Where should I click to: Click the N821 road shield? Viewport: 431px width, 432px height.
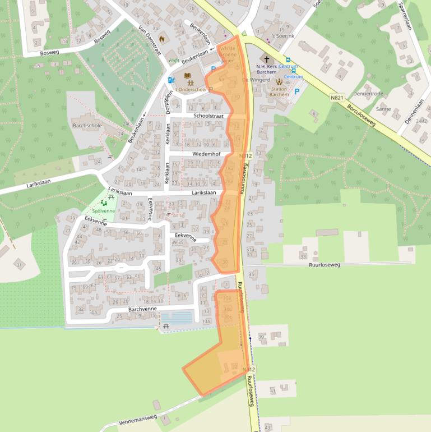pos(337,98)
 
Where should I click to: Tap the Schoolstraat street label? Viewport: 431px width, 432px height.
pos(208,116)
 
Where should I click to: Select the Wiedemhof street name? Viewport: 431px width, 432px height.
pos(206,153)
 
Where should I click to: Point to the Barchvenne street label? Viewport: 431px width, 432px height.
pos(142,309)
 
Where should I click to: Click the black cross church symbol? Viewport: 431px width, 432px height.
pos(267,59)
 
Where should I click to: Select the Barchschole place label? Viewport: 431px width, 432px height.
pos(87,125)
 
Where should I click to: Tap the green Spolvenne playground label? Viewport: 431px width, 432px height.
pos(104,210)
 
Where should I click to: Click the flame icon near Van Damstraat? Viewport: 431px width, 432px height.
pos(162,39)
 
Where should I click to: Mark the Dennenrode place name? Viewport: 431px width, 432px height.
pos(368,94)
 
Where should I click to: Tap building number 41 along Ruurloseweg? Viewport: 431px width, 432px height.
pos(273,390)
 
